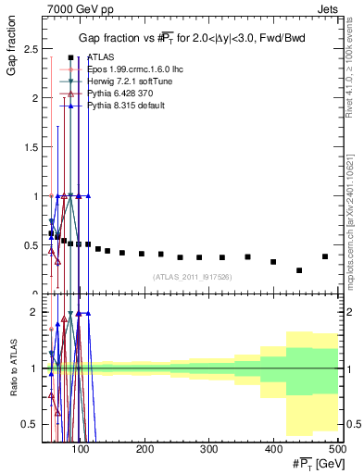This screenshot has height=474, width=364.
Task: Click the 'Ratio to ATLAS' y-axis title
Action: tap(14, 368)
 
